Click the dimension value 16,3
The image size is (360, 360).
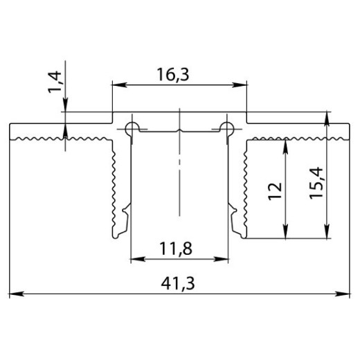179,75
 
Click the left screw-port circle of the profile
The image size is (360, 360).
131,126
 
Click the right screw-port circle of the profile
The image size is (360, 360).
226,126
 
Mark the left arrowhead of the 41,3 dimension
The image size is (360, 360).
15,294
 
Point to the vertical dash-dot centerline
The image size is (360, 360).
179,180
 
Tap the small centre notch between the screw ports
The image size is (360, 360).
179,131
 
